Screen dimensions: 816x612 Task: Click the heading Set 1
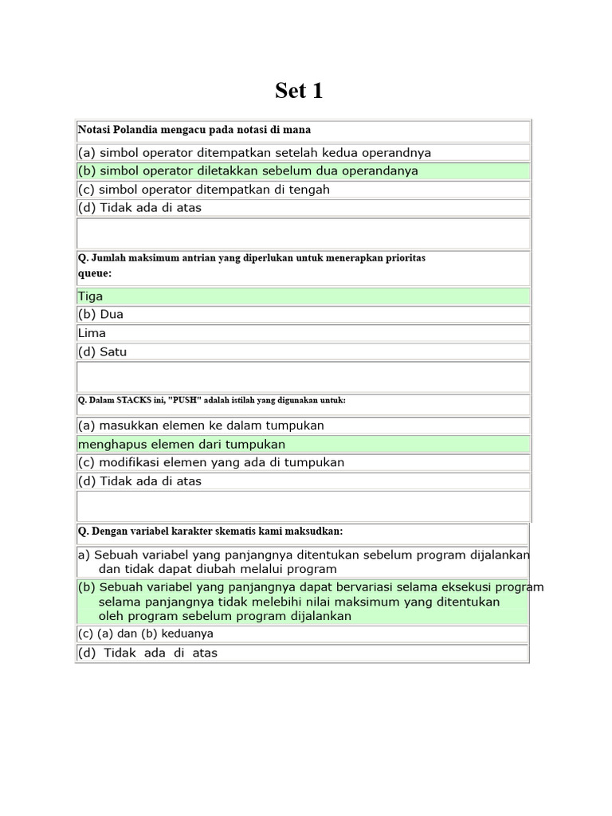(299, 91)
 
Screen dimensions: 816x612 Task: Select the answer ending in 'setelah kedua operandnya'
(254, 152)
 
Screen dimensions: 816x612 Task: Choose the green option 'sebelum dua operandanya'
(247, 171)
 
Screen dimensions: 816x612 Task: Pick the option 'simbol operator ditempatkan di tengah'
(203, 190)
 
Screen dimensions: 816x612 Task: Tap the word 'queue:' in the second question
(95, 273)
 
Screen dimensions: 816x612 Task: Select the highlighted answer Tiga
(91, 296)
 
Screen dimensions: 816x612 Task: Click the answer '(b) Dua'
(100, 314)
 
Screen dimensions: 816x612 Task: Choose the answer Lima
(92, 333)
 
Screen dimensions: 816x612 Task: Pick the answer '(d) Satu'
(102, 351)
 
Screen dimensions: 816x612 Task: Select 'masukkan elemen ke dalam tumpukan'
(201, 426)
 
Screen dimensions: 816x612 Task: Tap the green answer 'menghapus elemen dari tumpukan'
(181, 444)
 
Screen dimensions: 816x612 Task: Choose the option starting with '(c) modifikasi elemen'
(211, 462)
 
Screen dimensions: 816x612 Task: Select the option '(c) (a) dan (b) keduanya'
(145, 634)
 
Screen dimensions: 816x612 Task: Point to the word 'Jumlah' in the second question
(108, 258)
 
